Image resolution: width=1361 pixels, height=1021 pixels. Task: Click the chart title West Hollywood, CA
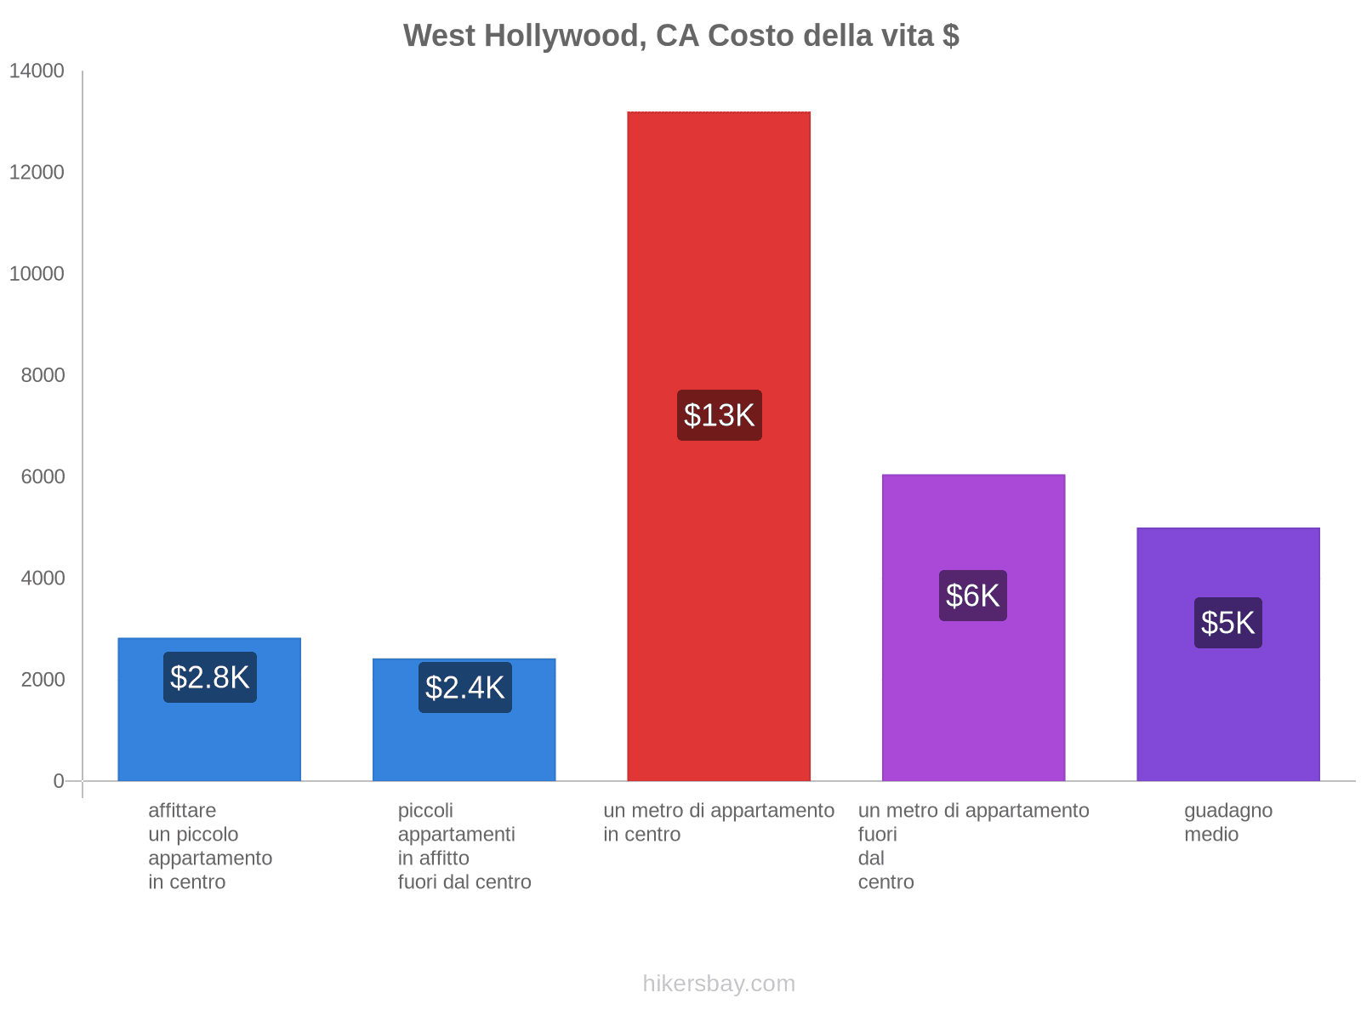[x=680, y=36]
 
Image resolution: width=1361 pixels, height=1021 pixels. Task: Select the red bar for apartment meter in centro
[x=719, y=255]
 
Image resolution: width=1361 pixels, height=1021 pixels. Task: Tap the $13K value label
[x=719, y=415]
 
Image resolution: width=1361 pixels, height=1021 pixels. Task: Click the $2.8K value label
[x=209, y=677]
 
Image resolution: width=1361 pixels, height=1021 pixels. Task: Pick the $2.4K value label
[x=464, y=687]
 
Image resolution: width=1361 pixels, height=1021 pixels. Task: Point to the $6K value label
[x=972, y=596]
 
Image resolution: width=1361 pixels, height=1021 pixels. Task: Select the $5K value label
[x=1227, y=623]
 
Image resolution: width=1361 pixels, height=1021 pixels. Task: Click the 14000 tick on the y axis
[x=37, y=71]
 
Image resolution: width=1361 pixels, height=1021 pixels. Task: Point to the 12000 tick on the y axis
[x=37, y=173]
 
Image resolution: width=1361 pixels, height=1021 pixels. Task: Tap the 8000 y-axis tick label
[x=43, y=375]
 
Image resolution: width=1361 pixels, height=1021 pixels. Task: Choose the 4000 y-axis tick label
[x=43, y=579]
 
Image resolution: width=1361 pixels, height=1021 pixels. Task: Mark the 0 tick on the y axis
[x=59, y=781]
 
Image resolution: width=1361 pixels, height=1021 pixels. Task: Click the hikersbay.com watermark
[x=719, y=984]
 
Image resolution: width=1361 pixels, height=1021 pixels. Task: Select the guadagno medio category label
[x=1227, y=822]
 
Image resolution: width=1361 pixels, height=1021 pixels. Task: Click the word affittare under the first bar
[x=182, y=810]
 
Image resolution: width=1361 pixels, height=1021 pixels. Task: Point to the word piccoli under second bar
[x=425, y=810]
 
